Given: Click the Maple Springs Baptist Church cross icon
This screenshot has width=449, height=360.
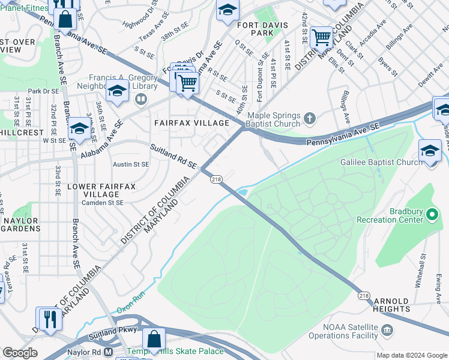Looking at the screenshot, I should click(x=310, y=118).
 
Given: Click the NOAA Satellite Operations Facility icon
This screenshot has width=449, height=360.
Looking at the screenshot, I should click(x=387, y=330).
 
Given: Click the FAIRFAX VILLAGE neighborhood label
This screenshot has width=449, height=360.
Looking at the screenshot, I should click(x=192, y=123).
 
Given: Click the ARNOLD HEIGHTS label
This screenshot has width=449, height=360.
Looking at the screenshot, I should click(x=391, y=305).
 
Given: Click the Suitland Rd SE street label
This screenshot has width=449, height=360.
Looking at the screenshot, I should click(x=173, y=156).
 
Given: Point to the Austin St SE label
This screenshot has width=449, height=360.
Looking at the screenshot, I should click(x=131, y=164).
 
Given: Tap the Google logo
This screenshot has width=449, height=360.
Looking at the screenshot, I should click(x=20, y=353).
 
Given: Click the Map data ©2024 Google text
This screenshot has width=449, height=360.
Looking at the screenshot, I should click(x=412, y=355).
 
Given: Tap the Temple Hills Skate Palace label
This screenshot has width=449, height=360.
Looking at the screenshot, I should click(x=174, y=352).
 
